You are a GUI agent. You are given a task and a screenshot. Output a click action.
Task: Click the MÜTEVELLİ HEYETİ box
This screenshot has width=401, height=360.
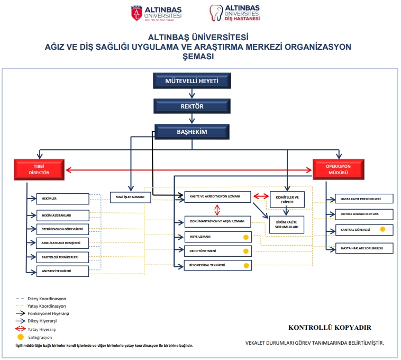pos(192,82)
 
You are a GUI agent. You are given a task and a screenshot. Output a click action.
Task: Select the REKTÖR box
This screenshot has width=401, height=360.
pos(192,106)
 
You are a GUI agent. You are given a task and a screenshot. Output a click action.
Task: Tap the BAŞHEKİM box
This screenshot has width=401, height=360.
pos(192,131)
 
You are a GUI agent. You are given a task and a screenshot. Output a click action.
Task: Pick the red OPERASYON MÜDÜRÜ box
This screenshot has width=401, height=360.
pos(338,169)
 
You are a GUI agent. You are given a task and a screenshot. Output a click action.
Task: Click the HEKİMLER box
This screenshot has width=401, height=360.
pos(62,199)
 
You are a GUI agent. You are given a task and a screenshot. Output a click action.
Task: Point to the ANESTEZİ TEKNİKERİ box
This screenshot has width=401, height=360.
pos(62,271)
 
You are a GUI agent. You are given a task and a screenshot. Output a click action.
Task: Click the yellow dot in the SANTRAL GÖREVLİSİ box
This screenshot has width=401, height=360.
pos(382,230)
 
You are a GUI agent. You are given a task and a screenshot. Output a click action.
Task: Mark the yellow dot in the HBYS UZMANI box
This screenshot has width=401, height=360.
pos(245,237)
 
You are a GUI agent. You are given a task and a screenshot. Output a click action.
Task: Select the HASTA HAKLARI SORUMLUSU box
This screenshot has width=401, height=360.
pos(365,247)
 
